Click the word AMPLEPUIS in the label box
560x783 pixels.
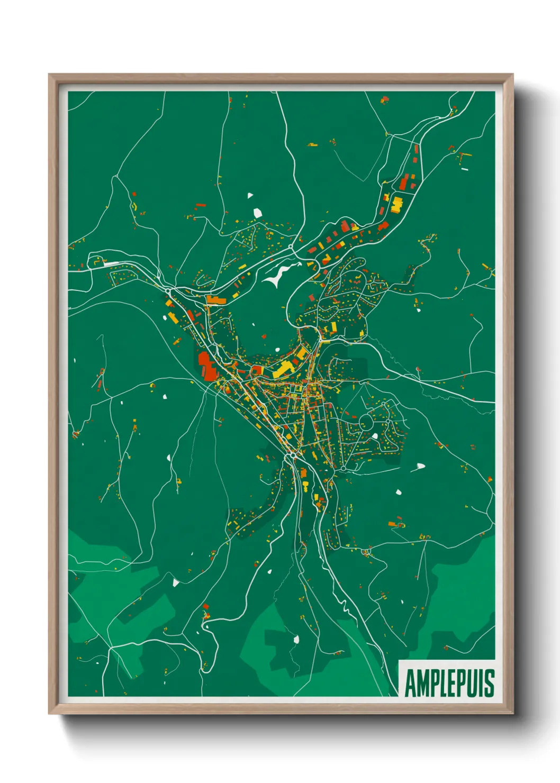449,683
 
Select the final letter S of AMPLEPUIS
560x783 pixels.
490,683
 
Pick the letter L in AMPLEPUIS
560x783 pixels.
441,683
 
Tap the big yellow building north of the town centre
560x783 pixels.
284,368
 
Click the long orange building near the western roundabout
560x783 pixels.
216,301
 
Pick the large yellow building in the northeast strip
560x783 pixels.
396,204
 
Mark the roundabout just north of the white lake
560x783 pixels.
291,247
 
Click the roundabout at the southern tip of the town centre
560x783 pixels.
293,455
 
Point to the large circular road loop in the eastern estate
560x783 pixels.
366,422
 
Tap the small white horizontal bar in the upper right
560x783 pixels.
465,169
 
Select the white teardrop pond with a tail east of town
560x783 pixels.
420,467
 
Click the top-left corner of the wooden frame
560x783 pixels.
49,75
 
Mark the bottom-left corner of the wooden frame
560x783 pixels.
49,713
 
